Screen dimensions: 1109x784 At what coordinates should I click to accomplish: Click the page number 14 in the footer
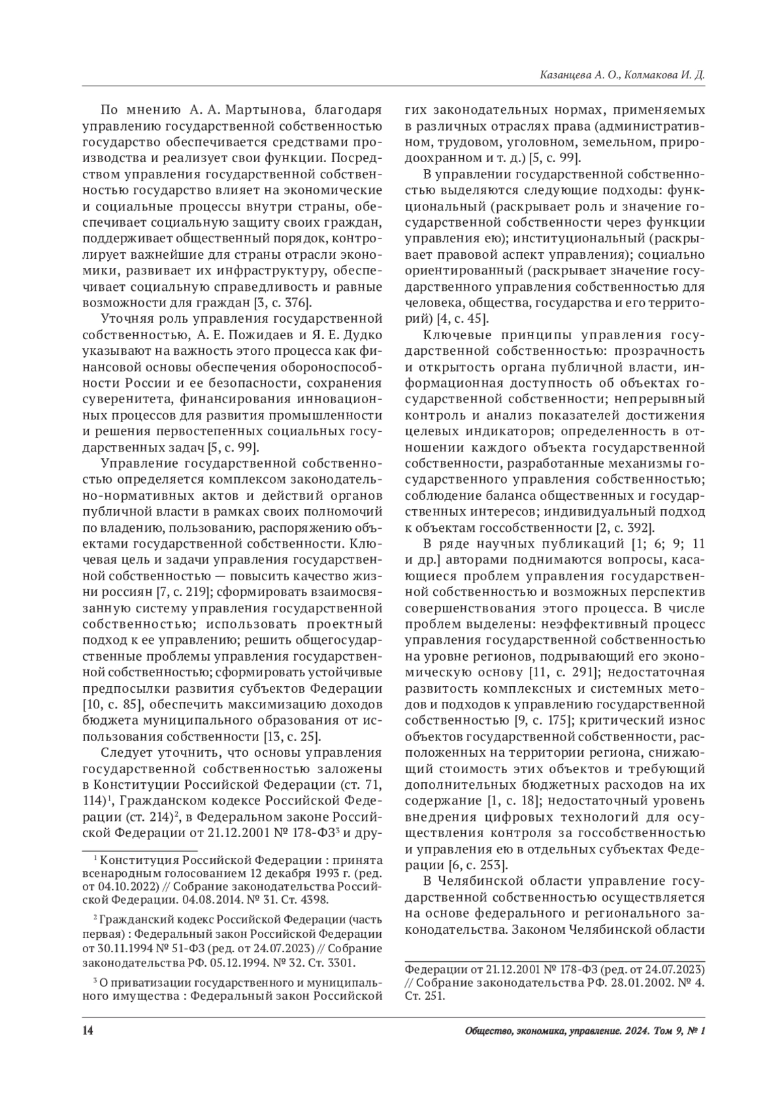coord(88,1031)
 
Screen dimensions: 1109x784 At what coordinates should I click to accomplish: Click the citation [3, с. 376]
coord(279,303)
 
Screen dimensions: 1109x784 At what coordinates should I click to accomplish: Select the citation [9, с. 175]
coord(539,720)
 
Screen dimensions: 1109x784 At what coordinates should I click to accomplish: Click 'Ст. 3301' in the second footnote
coord(329,963)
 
